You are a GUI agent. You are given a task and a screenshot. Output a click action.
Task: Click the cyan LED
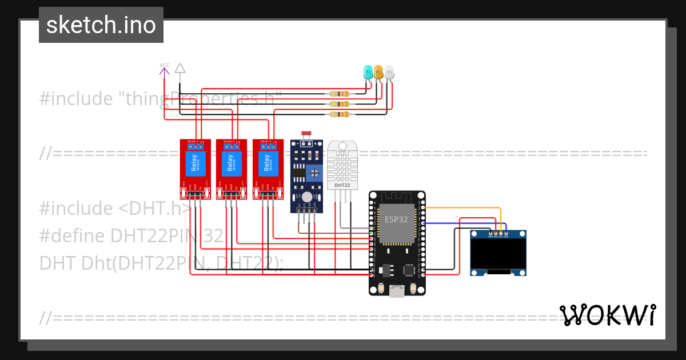coord(369,72)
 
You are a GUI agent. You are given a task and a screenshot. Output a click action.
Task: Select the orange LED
coord(378,71)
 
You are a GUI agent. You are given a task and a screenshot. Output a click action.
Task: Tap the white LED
coord(389,71)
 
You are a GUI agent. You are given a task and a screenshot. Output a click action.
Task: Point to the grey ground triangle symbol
coord(180,68)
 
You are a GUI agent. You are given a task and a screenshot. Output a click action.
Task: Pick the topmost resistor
coord(340,94)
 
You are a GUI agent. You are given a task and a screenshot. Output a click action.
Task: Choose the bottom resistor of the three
coord(340,114)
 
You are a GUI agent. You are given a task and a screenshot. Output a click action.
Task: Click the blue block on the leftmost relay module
coord(195,163)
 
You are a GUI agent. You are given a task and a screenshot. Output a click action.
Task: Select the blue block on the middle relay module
coord(231,163)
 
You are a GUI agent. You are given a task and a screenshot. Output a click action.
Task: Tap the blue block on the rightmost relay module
coord(268,163)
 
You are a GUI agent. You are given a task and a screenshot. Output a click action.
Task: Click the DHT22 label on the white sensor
coord(342,185)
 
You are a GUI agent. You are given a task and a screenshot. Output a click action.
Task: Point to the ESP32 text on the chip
coord(396,219)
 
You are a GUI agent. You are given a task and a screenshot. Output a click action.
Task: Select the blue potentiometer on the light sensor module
coord(313,173)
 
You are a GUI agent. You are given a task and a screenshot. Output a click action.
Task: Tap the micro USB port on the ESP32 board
coord(396,292)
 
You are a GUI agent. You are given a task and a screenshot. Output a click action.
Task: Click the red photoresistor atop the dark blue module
coord(306,133)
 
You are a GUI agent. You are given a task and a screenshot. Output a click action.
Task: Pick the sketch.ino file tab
coord(101,25)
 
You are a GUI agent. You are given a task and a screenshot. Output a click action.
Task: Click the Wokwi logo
coord(608,315)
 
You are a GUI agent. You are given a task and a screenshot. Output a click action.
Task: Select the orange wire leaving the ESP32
coord(463,208)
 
